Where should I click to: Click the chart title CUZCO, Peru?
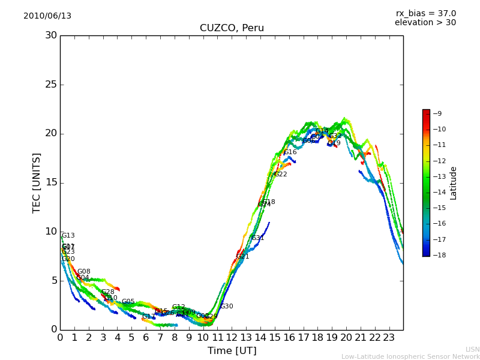232,28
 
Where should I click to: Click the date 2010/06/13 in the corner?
47,16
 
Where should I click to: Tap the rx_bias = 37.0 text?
426,13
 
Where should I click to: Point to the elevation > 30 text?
425,23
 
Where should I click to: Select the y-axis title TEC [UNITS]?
37,182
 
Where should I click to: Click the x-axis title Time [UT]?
232,351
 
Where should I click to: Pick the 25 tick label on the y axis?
51,84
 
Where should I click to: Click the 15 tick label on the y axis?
51,182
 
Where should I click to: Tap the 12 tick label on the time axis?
232,338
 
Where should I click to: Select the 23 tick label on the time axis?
389,338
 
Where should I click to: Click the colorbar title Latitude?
454,183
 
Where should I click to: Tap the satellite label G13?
68,236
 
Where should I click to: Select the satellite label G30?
227,307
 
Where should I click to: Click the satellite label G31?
258,238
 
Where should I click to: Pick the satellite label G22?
281,175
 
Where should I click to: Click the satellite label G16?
290,152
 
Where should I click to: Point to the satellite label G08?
84,272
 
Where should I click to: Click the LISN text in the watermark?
472,349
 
